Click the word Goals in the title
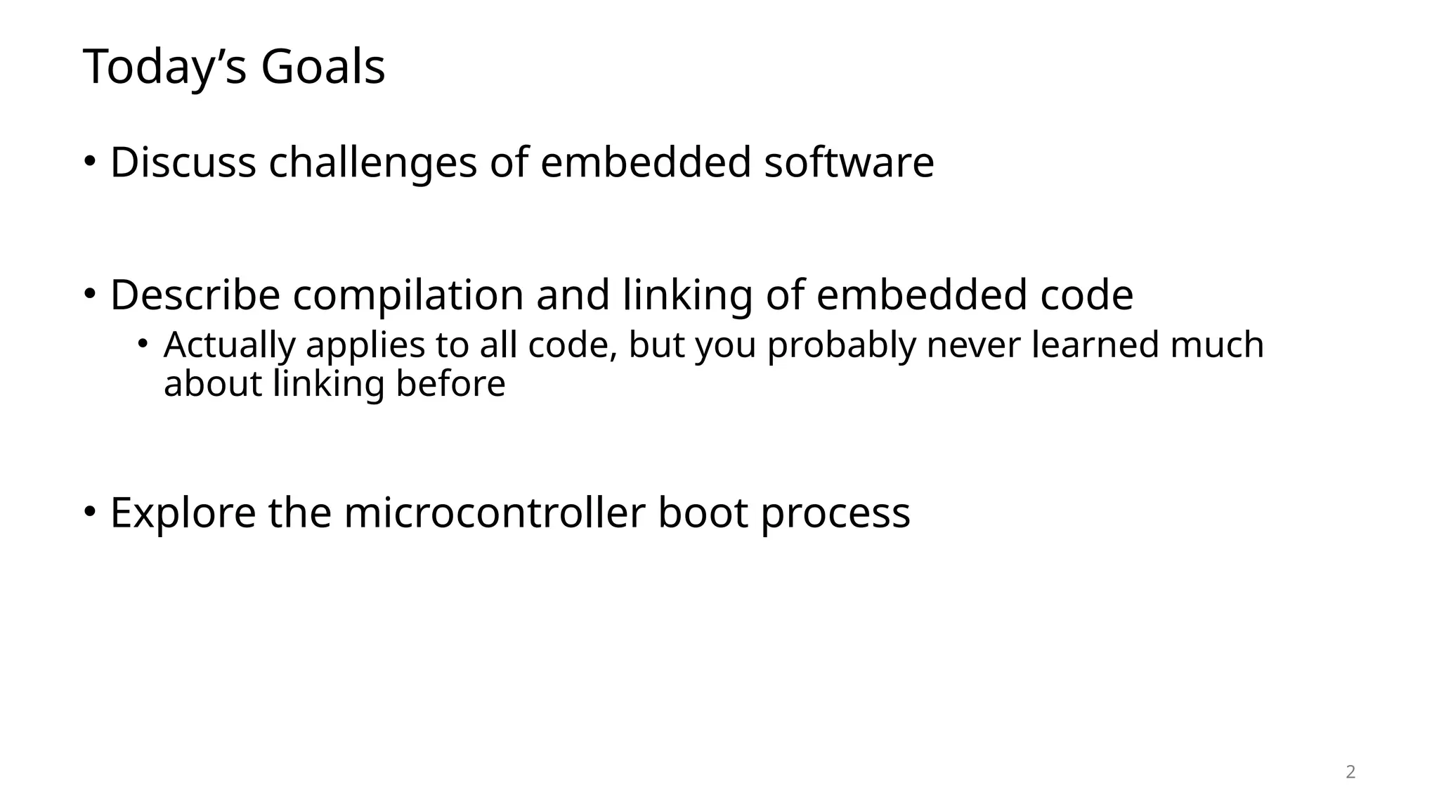[x=323, y=67]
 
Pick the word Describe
[x=195, y=295]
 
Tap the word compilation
[x=408, y=296]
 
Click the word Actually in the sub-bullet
[x=230, y=346]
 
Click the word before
[x=450, y=384]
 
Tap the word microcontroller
[x=494, y=513]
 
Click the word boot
[x=703, y=513]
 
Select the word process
[x=835, y=514]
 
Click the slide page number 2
[x=1350, y=772]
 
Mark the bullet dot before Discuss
[x=89, y=160]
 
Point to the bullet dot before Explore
[x=89, y=511]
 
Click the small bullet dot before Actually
[x=143, y=344]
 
